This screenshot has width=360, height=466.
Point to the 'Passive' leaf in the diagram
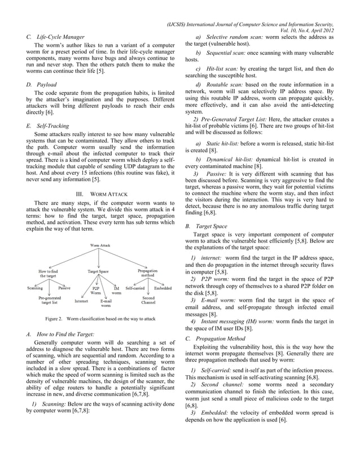64,288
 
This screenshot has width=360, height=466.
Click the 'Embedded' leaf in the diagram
163,288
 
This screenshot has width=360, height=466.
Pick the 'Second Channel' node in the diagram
148,300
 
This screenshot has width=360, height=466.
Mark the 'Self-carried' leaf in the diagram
135,288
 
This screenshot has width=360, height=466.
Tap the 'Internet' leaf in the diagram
81,301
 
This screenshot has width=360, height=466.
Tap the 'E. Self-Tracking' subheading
49,127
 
